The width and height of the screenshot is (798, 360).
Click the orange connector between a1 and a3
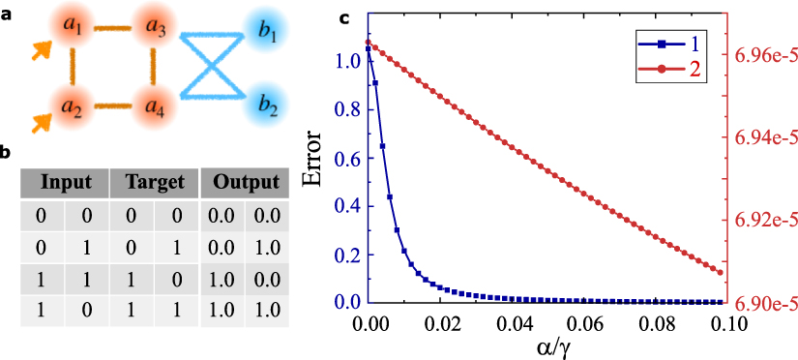tap(112, 31)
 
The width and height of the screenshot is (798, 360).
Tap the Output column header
tap(245, 182)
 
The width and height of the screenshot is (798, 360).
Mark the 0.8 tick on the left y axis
tap(349, 109)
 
